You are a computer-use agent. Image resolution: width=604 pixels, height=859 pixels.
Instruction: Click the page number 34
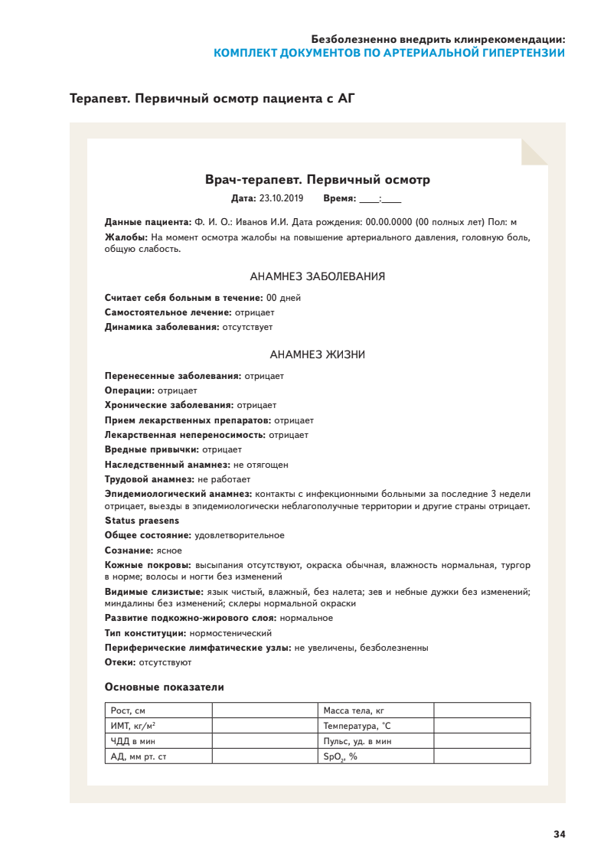click(x=559, y=834)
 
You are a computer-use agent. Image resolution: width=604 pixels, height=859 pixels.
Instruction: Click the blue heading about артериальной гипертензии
click(x=389, y=53)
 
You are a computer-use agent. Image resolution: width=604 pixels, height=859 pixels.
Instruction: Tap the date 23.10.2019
click(x=281, y=198)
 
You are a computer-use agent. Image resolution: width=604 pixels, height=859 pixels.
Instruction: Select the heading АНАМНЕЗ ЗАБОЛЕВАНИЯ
click(x=317, y=276)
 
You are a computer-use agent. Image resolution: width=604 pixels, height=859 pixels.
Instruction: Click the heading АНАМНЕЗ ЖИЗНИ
click(x=317, y=354)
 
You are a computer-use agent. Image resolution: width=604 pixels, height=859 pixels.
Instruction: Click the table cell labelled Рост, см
click(x=158, y=710)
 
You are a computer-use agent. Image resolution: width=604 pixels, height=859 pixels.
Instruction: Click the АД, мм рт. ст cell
click(x=158, y=756)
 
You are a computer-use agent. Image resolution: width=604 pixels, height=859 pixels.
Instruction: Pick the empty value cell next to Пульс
click(x=482, y=741)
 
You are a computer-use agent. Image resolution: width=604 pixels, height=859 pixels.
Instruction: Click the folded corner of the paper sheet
click(x=534, y=152)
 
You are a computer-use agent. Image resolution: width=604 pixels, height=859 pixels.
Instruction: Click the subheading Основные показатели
click(x=164, y=687)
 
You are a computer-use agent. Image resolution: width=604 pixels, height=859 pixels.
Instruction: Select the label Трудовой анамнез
click(x=149, y=479)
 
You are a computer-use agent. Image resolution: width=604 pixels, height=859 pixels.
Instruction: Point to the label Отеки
click(x=120, y=661)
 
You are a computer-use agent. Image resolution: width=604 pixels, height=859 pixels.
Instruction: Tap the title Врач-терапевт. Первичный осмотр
click(x=317, y=180)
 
